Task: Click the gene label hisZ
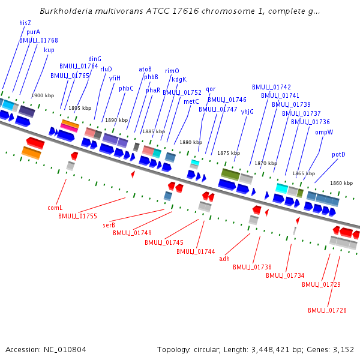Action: click(x=25, y=23)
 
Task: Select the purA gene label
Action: click(x=34, y=32)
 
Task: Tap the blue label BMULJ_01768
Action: click(x=38, y=40)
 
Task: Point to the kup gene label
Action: click(x=49, y=50)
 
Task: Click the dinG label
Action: click(x=95, y=59)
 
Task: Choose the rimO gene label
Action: click(x=172, y=71)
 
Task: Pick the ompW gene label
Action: click(x=324, y=132)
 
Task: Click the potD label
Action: click(x=338, y=154)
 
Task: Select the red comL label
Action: click(x=55, y=208)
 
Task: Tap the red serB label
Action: click(x=109, y=225)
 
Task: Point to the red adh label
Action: click(x=224, y=259)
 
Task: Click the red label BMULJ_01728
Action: click(x=327, y=310)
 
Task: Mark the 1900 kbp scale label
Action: click(x=43, y=95)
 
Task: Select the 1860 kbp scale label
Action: click(x=341, y=183)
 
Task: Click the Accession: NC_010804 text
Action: click(x=46, y=349)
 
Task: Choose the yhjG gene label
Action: click(x=247, y=111)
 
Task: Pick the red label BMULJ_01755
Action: click(x=77, y=215)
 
